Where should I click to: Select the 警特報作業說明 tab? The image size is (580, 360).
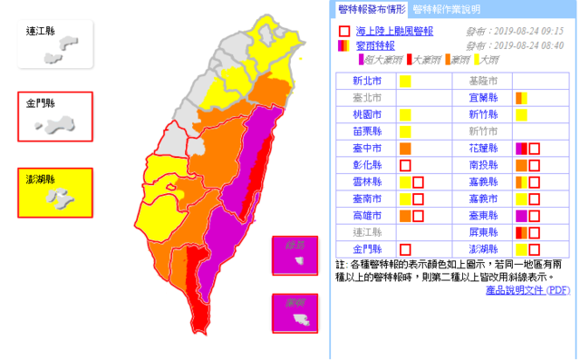click(x=446, y=10)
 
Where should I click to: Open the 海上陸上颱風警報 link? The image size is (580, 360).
click(x=394, y=31)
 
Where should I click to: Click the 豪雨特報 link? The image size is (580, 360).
click(x=375, y=44)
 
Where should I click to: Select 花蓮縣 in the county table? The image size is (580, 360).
click(x=483, y=148)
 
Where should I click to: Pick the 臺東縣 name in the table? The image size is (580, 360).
click(x=483, y=215)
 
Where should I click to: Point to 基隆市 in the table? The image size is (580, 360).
click(x=483, y=82)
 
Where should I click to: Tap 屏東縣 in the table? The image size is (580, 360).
click(x=483, y=232)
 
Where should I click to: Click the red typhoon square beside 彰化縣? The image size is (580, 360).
click(x=405, y=165)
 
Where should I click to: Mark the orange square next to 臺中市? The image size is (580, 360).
click(x=405, y=148)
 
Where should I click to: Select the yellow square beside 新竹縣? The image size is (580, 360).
click(x=521, y=115)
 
